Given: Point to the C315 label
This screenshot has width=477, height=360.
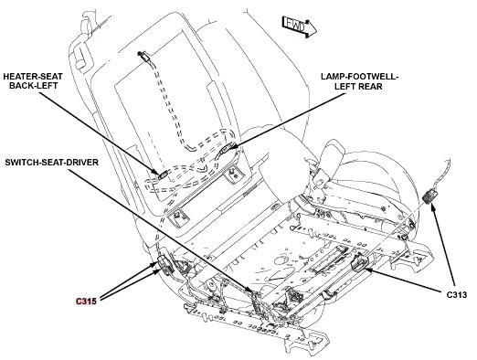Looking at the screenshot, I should [x=89, y=300].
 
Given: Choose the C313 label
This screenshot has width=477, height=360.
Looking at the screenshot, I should [x=458, y=295].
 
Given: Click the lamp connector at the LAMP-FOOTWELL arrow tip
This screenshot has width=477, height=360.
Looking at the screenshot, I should [x=228, y=148].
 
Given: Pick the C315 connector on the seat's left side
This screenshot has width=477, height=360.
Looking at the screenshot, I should [x=165, y=265].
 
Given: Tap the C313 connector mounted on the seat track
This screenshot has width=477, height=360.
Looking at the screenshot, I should [x=358, y=263].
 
